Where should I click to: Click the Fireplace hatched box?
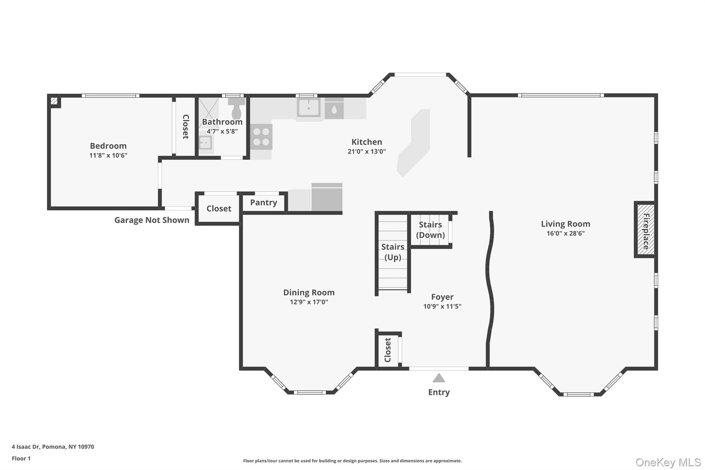[645, 229]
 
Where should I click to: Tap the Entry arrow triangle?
[439, 378]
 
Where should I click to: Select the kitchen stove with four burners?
[261, 137]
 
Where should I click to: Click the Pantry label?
[263, 202]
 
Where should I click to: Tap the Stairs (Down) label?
[430, 230]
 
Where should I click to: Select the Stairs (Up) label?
[392, 252]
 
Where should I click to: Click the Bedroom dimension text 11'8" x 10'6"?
[108, 155]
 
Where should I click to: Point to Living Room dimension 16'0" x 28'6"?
[565, 233]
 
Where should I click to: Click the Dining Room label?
[309, 292]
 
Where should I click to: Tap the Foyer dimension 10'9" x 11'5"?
[442, 306]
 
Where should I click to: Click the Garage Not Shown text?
[151, 220]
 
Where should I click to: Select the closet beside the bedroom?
[185, 127]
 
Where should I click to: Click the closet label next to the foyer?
[388, 350]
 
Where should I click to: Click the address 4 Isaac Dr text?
[53, 447]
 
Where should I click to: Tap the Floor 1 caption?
[21, 458]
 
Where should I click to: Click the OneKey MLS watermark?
[668, 462]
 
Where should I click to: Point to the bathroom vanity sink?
[206, 142]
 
